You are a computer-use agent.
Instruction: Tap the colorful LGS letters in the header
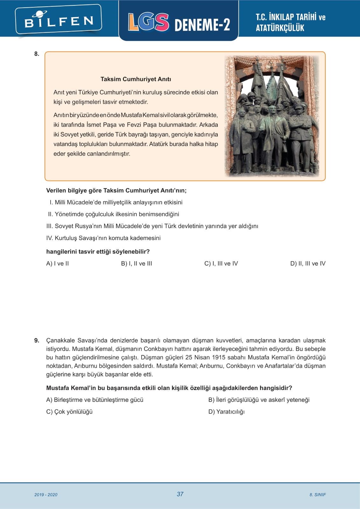(x=148, y=22)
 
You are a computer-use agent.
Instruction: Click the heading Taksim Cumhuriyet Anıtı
(x=136, y=79)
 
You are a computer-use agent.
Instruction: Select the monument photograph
(x=272, y=116)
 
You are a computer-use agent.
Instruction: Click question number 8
(x=37, y=54)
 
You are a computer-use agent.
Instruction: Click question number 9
(x=37, y=340)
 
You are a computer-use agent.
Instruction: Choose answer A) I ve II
(x=58, y=263)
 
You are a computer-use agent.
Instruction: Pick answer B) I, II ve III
(x=137, y=263)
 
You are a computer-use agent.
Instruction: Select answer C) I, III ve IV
(x=221, y=263)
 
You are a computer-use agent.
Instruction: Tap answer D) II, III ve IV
(x=308, y=263)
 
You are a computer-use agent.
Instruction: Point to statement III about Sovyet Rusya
(x=152, y=226)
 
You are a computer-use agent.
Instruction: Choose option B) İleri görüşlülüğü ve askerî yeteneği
(x=259, y=400)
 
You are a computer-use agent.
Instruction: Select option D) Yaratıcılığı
(x=226, y=412)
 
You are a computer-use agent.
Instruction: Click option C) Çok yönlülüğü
(x=69, y=412)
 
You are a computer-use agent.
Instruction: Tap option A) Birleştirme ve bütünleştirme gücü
(x=95, y=400)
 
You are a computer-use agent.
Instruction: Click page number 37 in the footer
(x=180, y=494)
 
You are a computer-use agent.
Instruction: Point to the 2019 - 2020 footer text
(x=46, y=495)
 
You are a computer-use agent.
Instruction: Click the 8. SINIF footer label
(x=317, y=495)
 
